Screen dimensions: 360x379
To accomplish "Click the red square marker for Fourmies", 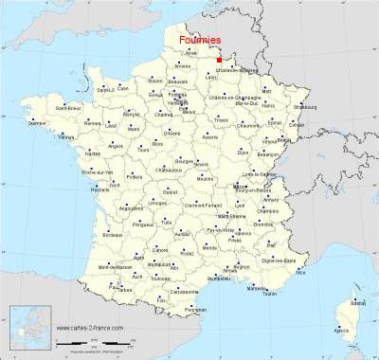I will [x=221, y=61].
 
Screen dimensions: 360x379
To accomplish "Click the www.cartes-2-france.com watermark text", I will [x=92, y=332].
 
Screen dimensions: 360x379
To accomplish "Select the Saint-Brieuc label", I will [x=68, y=108].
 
